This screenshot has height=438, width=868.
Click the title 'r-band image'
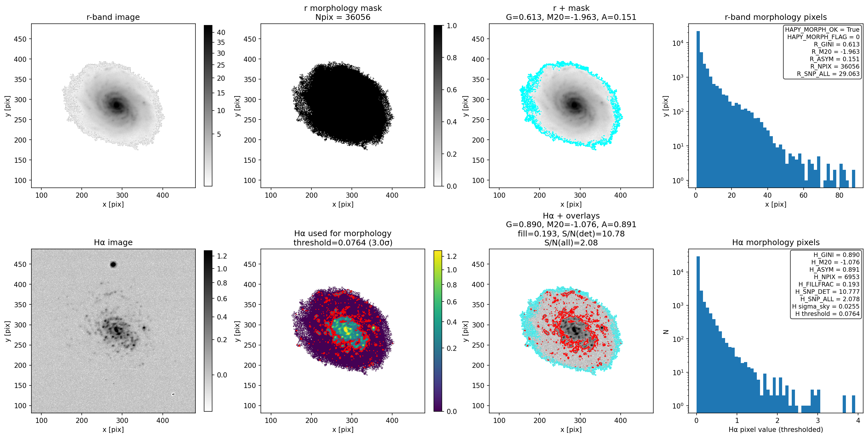pos(113,17)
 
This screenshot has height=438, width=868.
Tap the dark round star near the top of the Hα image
pos(113,264)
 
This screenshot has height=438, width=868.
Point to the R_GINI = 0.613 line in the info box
pos(837,44)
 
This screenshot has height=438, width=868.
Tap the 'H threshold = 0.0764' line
pos(827,314)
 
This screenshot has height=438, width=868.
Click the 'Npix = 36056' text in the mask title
pos(343,17)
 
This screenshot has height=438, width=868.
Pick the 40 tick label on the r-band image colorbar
pos(221,32)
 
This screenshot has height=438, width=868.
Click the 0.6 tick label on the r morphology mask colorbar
pos(451,90)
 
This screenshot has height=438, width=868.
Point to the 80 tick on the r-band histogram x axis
pos(839,195)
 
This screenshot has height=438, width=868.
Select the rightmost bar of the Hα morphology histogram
pos(854,404)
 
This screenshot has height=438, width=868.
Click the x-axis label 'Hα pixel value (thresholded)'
pos(776,430)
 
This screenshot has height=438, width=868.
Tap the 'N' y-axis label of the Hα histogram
pos(665,332)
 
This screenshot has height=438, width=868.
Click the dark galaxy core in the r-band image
pos(117,105)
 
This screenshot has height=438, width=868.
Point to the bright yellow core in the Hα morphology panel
pos(346,328)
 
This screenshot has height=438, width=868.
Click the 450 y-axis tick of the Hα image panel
pos(20,264)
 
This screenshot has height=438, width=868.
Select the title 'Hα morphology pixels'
pos(776,242)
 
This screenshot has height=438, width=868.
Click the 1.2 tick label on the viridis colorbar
pos(451,256)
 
